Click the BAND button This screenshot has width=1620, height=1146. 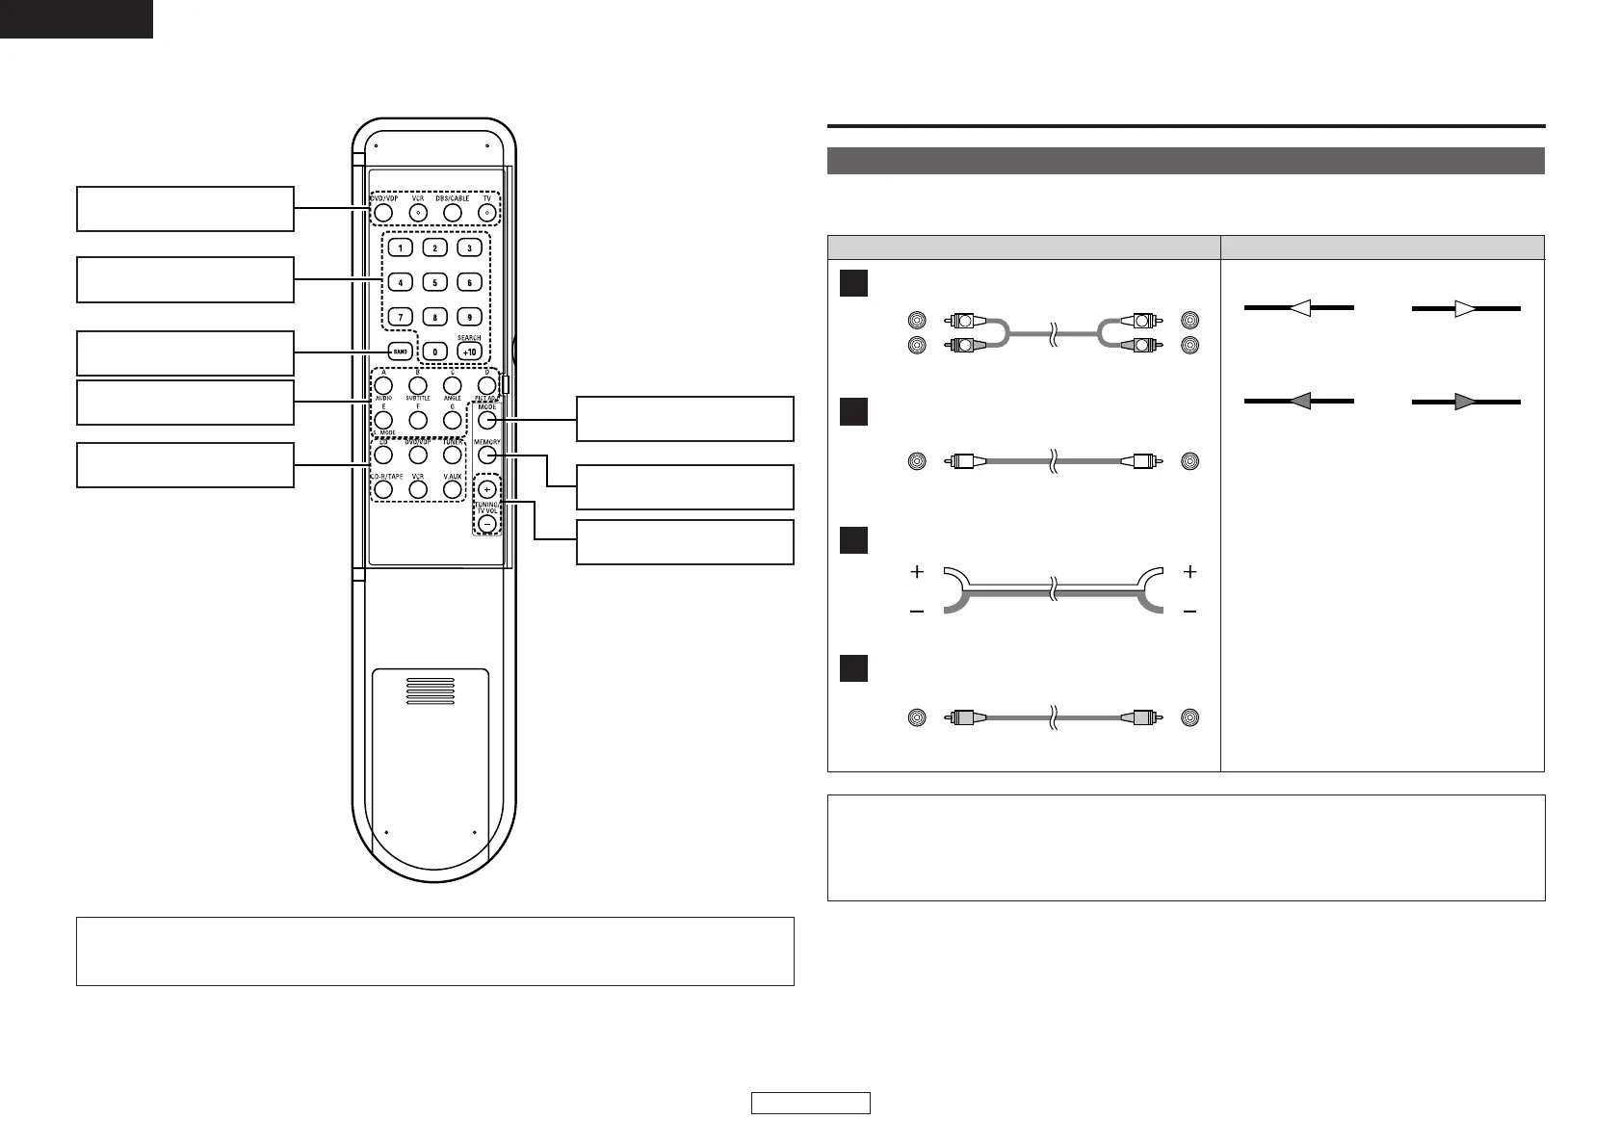(401, 352)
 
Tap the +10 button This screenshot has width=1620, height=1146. (469, 352)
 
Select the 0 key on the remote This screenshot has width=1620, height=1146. (435, 352)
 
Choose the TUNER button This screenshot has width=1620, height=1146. (453, 454)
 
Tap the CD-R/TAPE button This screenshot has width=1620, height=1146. (383, 489)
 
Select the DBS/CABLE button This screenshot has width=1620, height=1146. (453, 212)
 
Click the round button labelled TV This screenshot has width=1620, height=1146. (487, 212)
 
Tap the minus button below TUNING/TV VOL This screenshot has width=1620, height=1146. (486, 523)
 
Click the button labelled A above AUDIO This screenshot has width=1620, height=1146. (383, 384)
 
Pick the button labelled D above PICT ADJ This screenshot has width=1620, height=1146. (486, 384)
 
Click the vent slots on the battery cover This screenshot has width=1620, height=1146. (430, 690)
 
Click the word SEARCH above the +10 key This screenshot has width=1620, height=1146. (469, 338)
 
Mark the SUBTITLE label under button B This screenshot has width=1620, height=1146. (418, 398)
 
